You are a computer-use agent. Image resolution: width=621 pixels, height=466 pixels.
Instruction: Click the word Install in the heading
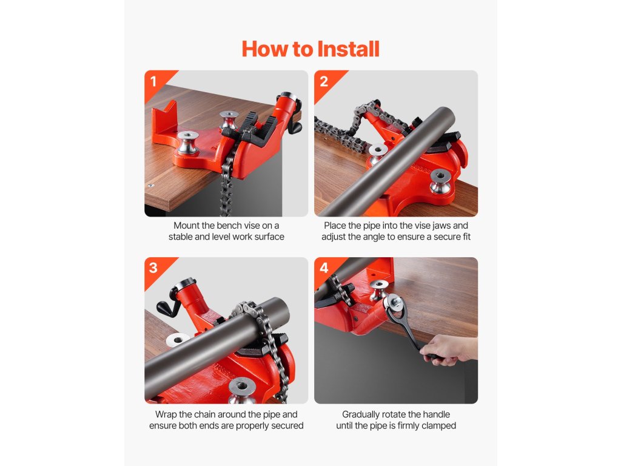(348, 49)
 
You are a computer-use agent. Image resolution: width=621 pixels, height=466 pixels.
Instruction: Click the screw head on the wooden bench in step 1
(150, 185)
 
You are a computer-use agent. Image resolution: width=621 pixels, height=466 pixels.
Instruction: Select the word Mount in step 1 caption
(187, 226)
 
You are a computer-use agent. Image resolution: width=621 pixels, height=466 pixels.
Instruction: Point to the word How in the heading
(264, 49)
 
